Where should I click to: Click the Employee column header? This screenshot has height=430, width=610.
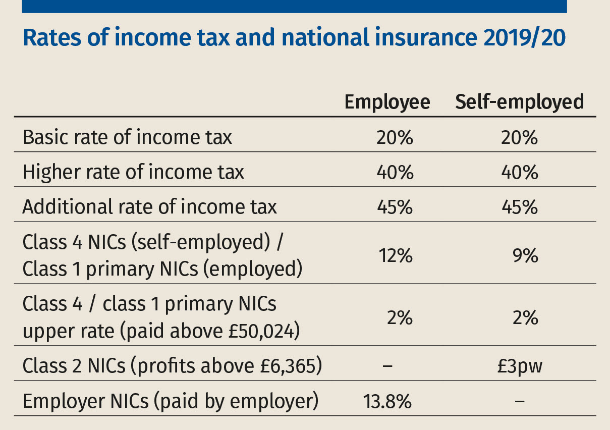click(387, 102)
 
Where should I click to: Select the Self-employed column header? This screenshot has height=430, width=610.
click(519, 102)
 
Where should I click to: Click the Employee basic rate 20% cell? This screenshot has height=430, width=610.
click(395, 138)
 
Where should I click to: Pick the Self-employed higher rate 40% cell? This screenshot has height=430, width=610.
click(520, 173)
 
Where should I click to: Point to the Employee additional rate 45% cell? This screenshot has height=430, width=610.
click(395, 207)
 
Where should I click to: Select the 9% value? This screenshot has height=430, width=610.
click(527, 256)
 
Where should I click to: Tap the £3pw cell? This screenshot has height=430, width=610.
click(520, 366)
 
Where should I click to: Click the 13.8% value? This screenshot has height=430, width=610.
click(387, 402)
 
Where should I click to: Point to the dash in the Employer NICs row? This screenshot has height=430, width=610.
click(520, 402)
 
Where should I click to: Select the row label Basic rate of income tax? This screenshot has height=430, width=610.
click(128, 138)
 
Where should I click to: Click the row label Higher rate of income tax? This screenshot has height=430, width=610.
click(134, 173)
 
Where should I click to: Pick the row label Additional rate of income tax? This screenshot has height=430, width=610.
click(150, 207)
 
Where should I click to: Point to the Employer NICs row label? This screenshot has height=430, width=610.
click(171, 402)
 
